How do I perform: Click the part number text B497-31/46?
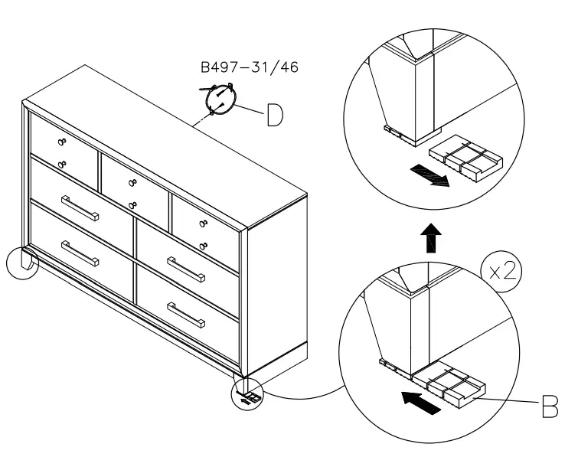(250, 68)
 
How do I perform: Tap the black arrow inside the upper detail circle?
(429, 175)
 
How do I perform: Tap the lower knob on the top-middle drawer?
(132, 204)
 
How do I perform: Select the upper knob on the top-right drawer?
(204, 224)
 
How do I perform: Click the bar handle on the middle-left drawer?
(80, 207)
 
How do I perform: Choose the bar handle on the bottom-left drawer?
(80, 253)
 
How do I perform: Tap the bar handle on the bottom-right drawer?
(185, 314)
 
